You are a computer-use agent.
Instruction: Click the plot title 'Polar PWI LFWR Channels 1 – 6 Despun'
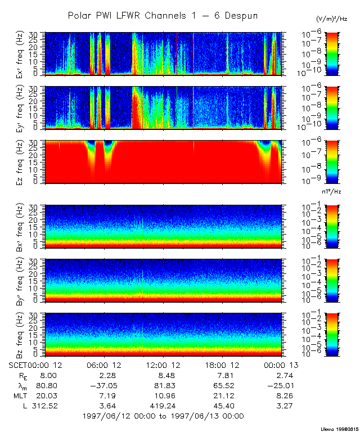(163, 16)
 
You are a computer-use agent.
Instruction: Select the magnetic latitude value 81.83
(163, 385)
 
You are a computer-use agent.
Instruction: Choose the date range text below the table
(163, 416)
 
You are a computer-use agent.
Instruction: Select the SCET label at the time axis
(19, 365)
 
